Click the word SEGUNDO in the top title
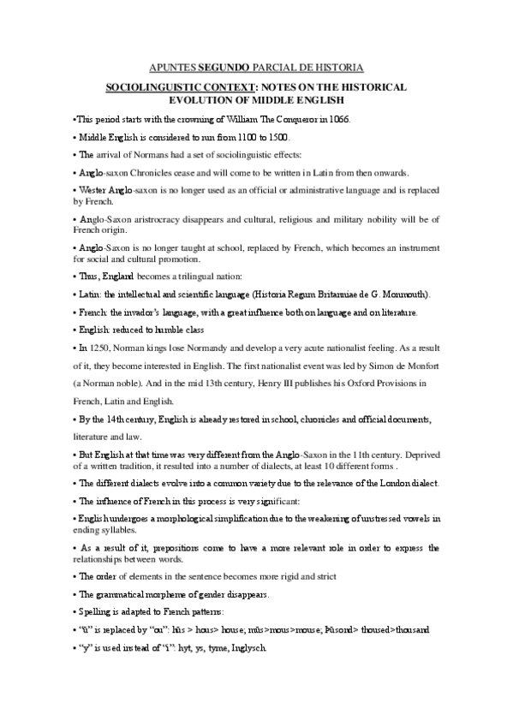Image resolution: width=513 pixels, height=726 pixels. tap(224, 67)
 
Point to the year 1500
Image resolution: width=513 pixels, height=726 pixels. tap(278, 137)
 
